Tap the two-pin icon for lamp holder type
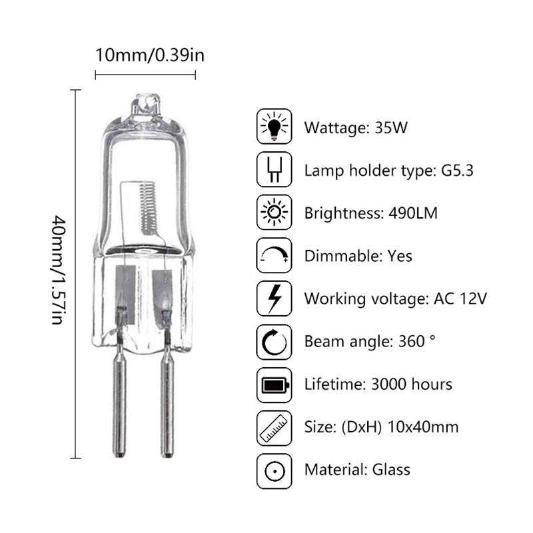(x=274, y=171)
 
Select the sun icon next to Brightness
(x=274, y=213)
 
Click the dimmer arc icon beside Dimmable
(x=274, y=256)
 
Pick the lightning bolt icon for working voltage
(x=274, y=298)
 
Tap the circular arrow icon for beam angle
(x=274, y=342)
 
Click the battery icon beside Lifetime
(x=274, y=384)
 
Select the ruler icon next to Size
(x=274, y=427)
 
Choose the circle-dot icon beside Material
(x=274, y=470)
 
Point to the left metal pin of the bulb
(x=119, y=400)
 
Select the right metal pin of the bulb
(x=167, y=400)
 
